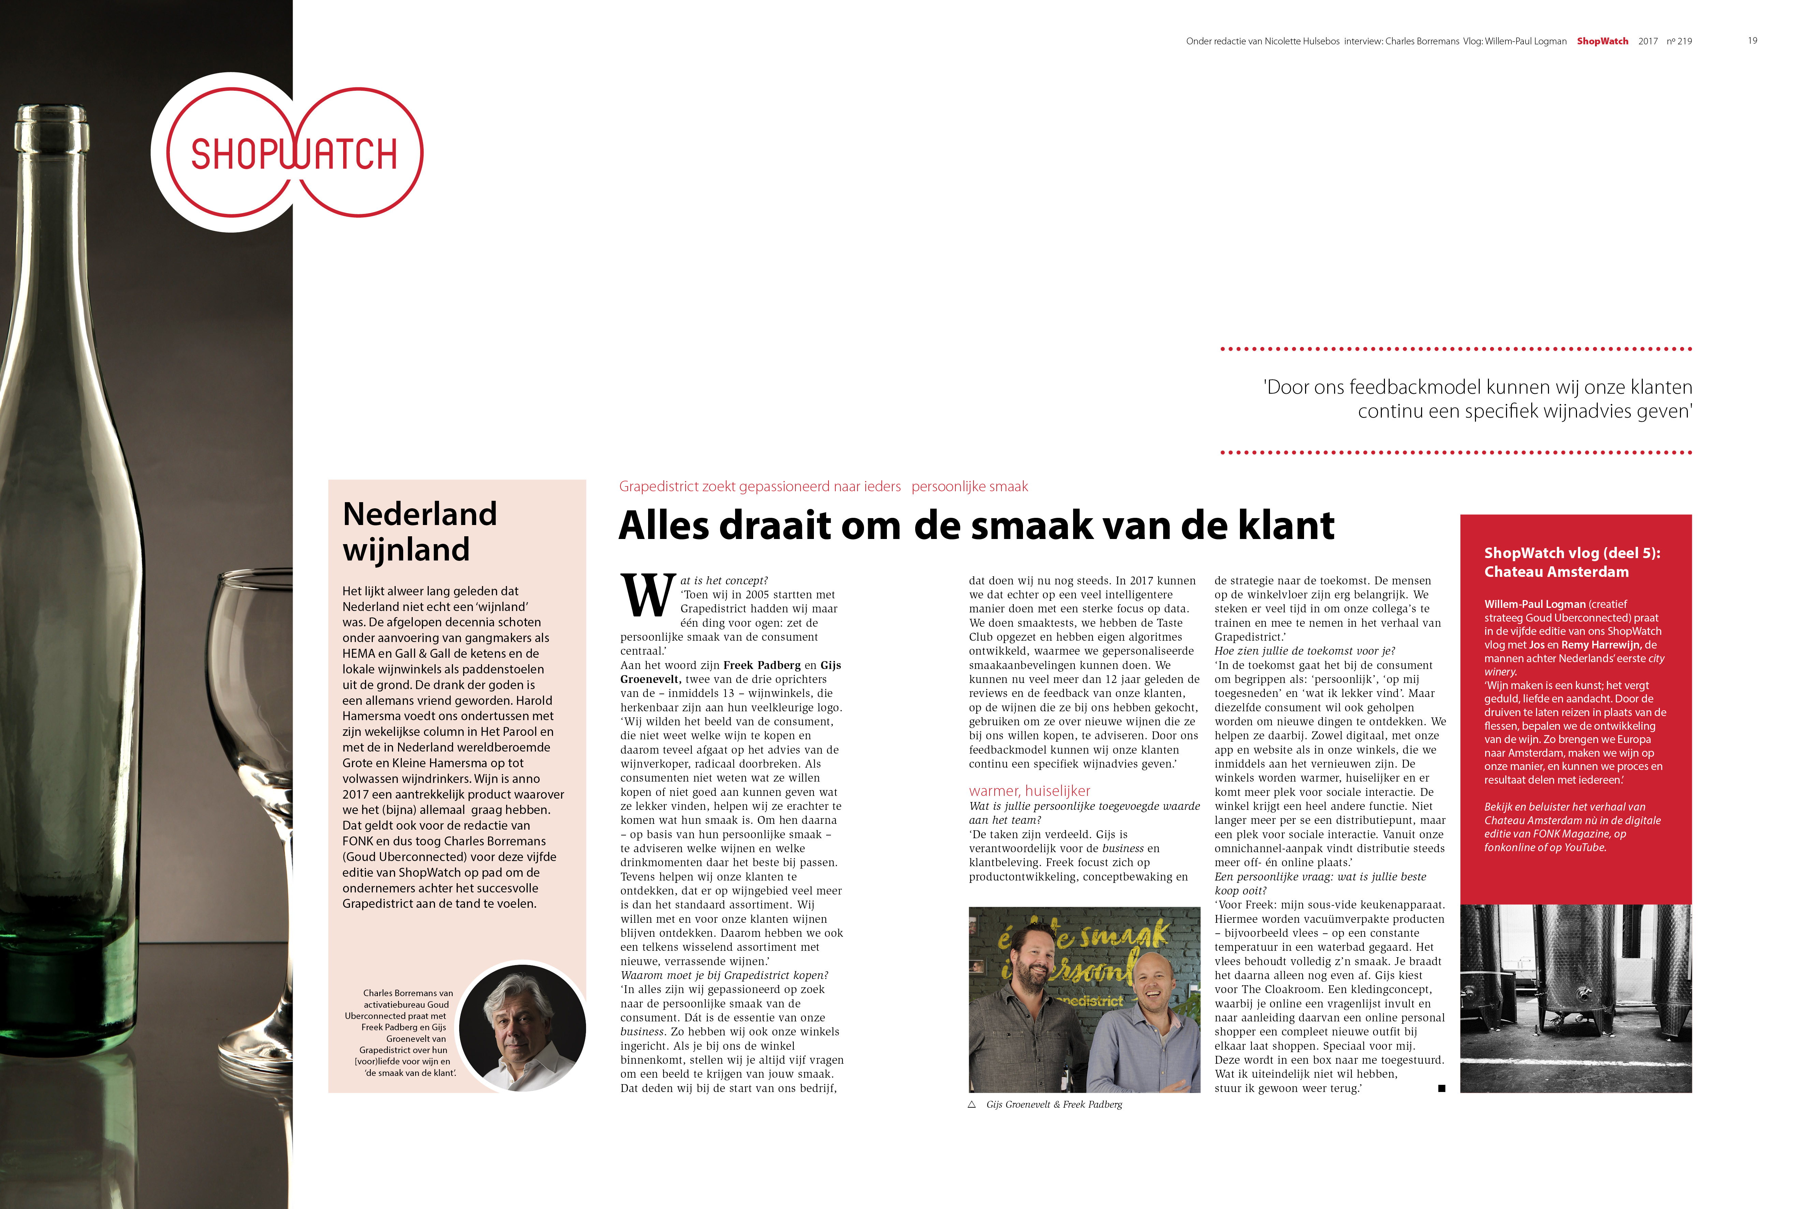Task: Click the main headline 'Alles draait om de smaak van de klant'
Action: (x=976, y=526)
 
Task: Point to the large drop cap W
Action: (x=647, y=595)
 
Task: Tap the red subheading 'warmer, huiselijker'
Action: (x=1029, y=790)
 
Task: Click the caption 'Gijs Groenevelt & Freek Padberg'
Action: (x=1054, y=1104)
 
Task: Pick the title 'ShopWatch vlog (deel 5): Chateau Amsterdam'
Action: (x=1572, y=562)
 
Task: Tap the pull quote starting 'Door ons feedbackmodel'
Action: (x=1477, y=399)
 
